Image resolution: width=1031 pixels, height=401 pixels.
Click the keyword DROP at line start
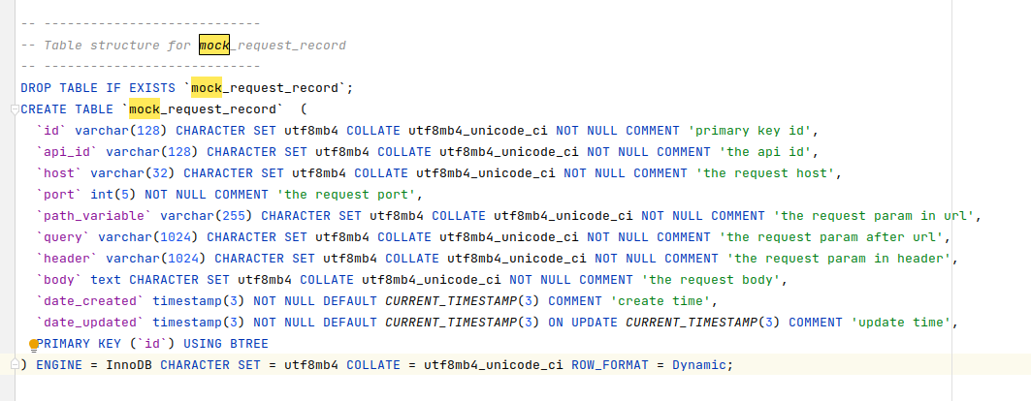(x=36, y=88)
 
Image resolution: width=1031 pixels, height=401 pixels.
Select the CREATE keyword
(x=44, y=109)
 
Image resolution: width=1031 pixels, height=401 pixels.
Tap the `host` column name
(x=59, y=173)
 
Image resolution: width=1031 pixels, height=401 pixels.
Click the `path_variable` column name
(x=94, y=216)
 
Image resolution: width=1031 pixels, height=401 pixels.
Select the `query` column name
(x=63, y=237)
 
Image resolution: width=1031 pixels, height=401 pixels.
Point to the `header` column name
(x=67, y=259)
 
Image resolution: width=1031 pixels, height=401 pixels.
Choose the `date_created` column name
(x=90, y=301)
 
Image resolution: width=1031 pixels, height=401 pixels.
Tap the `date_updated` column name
(x=90, y=323)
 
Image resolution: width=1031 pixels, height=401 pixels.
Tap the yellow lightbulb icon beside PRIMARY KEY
(x=34, y=345)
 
